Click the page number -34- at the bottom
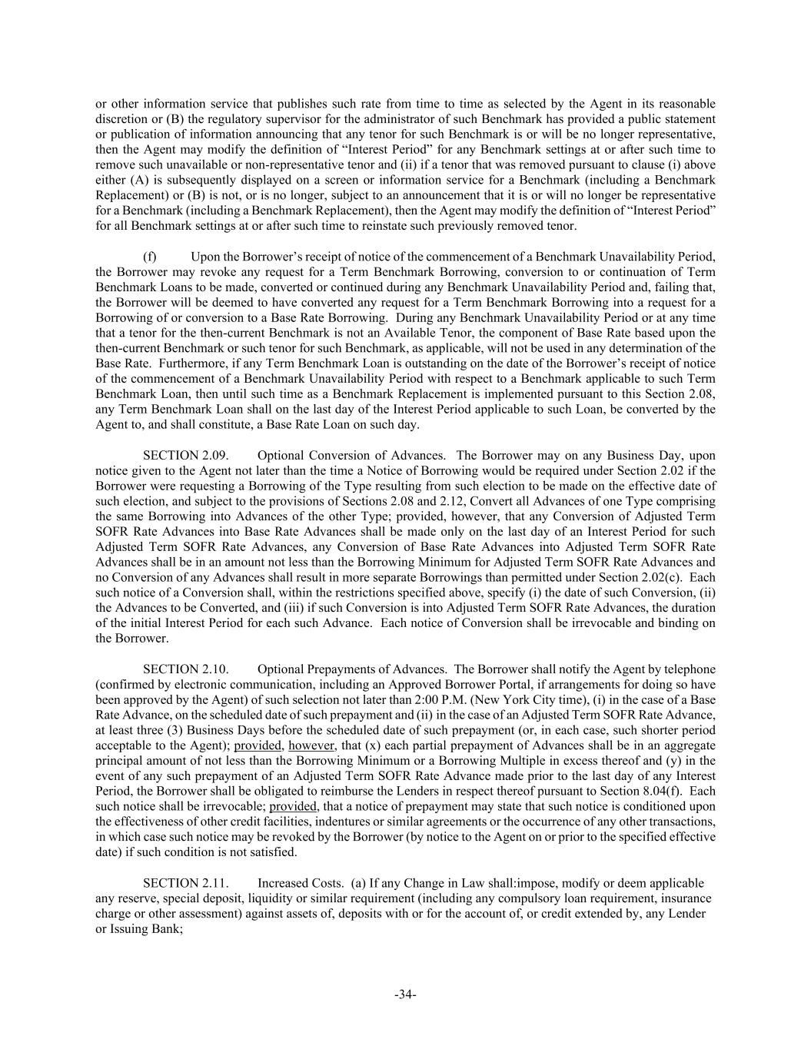[405, 994]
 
